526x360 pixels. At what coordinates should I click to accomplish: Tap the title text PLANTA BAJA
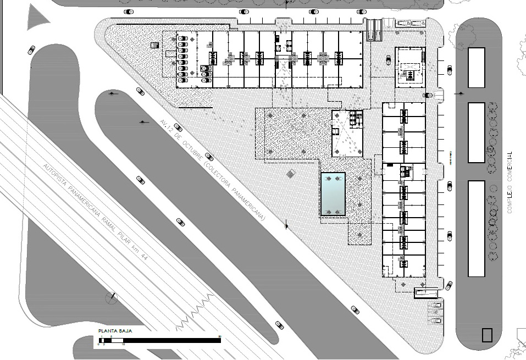coord(114,331)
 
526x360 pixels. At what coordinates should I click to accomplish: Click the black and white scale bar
coord(159,340)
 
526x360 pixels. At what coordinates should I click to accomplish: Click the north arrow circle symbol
coord(112,298)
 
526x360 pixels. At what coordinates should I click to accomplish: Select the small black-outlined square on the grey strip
coord(486,335)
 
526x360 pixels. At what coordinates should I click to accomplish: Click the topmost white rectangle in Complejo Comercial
coord(476,68)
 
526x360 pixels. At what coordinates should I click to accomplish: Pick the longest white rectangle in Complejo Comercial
coord(476,228)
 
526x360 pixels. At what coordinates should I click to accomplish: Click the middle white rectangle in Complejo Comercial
coord(476,132)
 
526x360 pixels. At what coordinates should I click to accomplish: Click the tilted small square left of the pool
coord(290,174)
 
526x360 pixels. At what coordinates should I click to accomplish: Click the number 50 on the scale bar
coord(220,336)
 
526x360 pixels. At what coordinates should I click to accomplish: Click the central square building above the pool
coord(347,132)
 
